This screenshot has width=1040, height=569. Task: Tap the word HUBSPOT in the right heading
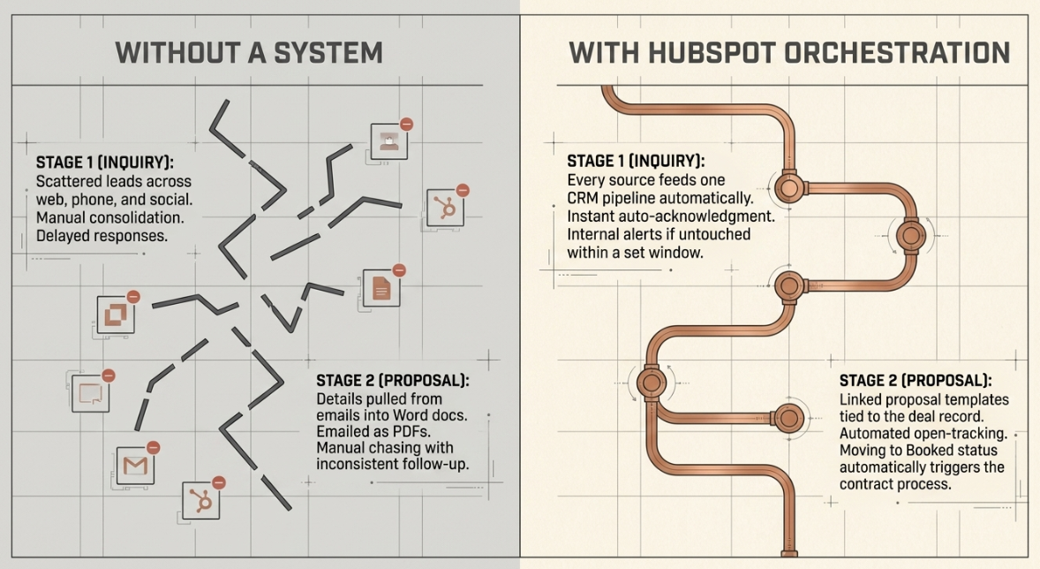(x=713, y=53)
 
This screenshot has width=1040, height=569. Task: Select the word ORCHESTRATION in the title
(x=897, y=53)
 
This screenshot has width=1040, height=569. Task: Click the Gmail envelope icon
(x=135, y=466)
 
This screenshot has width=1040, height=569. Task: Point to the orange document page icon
(x=381, y=289)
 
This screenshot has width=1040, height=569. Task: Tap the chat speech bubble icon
(x=91, y=393)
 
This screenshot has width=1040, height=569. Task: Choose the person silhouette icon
(x=388, y=141)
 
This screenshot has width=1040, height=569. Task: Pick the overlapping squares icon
(x=116, y=314)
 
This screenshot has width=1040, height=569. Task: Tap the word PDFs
(x=411, y=431)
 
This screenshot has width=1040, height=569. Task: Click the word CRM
(x=583, y=198)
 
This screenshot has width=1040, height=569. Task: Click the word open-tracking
(x=960, y=434)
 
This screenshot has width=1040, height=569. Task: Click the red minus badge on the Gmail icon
(x=154, y=447)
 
